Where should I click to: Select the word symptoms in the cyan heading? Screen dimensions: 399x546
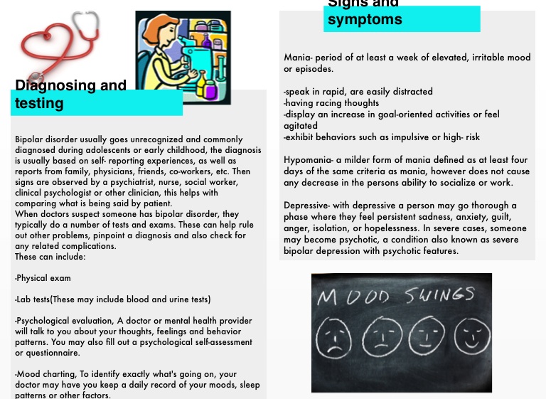[364, 20]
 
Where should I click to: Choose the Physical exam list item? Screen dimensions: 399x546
[43, 278]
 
